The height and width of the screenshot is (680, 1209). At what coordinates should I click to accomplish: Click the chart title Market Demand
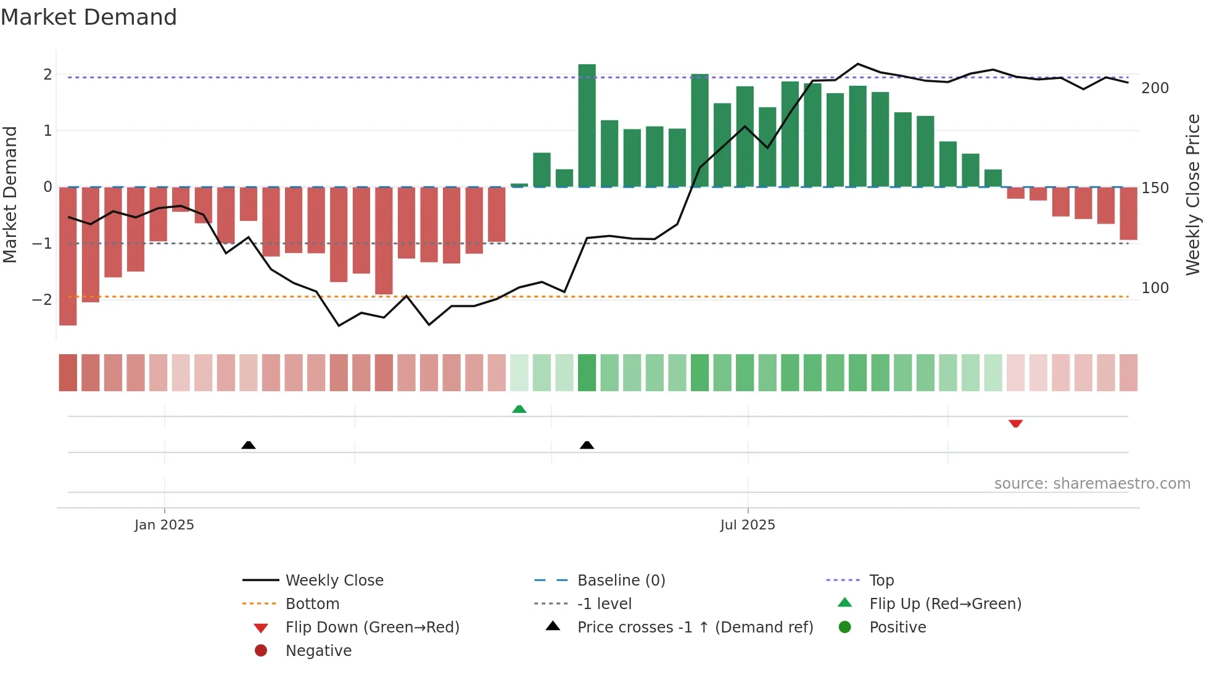(x=89, y=17)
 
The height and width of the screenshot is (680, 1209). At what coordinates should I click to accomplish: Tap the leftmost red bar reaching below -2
(x=68, y=256)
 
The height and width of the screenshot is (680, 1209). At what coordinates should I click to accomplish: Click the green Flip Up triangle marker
(x=519, y=409)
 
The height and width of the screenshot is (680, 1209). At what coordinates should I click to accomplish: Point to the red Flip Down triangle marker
(x=1015, y=423)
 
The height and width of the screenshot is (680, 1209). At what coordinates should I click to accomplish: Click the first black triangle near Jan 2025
(x=249, y=445)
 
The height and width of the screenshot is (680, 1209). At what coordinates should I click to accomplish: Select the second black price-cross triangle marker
(x=587, y=445)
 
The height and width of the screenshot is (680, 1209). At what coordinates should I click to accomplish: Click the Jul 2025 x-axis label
(x=747, y=525)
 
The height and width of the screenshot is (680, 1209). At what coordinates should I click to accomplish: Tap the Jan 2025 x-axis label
(x=164, y=525)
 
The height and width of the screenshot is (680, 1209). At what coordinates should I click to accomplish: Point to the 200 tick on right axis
(x=1155, y=88)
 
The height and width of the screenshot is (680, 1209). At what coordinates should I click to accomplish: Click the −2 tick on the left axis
(x=42, y=300)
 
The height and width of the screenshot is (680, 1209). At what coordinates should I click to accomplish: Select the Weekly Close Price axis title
(x=1193, y=194)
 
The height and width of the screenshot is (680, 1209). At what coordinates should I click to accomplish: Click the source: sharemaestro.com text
(x=1092, y=484)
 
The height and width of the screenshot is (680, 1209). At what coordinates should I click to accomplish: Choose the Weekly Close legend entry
(x=334, y=581)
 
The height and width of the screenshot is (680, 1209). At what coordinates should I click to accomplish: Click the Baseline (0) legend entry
(x=621, y=581)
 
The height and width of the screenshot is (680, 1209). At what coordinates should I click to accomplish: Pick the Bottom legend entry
(x=312, y=604)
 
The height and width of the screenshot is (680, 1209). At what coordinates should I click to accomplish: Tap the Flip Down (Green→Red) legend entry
(x=372, y=628)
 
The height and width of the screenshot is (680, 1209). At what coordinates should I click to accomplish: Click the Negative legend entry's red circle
(x=261, y=651)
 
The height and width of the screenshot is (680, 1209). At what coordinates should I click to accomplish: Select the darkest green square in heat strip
(x=587, y=373)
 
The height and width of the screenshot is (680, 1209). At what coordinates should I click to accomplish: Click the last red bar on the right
(x=1128, y=214)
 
